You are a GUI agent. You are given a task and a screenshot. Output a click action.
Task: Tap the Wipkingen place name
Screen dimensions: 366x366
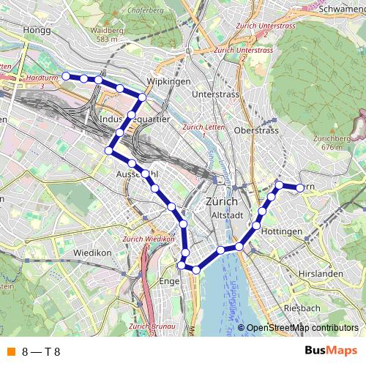pos(168,81)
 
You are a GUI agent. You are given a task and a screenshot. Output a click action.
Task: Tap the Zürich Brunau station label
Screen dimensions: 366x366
pos(149,326)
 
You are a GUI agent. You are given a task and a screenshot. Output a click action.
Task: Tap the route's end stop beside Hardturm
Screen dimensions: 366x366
pos(65,75)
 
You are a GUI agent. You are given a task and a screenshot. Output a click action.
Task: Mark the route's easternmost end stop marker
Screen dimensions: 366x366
pos(299,188)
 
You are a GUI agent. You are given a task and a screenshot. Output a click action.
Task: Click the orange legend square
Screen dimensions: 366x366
pos(10,351)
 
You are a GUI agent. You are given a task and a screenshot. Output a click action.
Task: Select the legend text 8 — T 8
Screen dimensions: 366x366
pos(41,351)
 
